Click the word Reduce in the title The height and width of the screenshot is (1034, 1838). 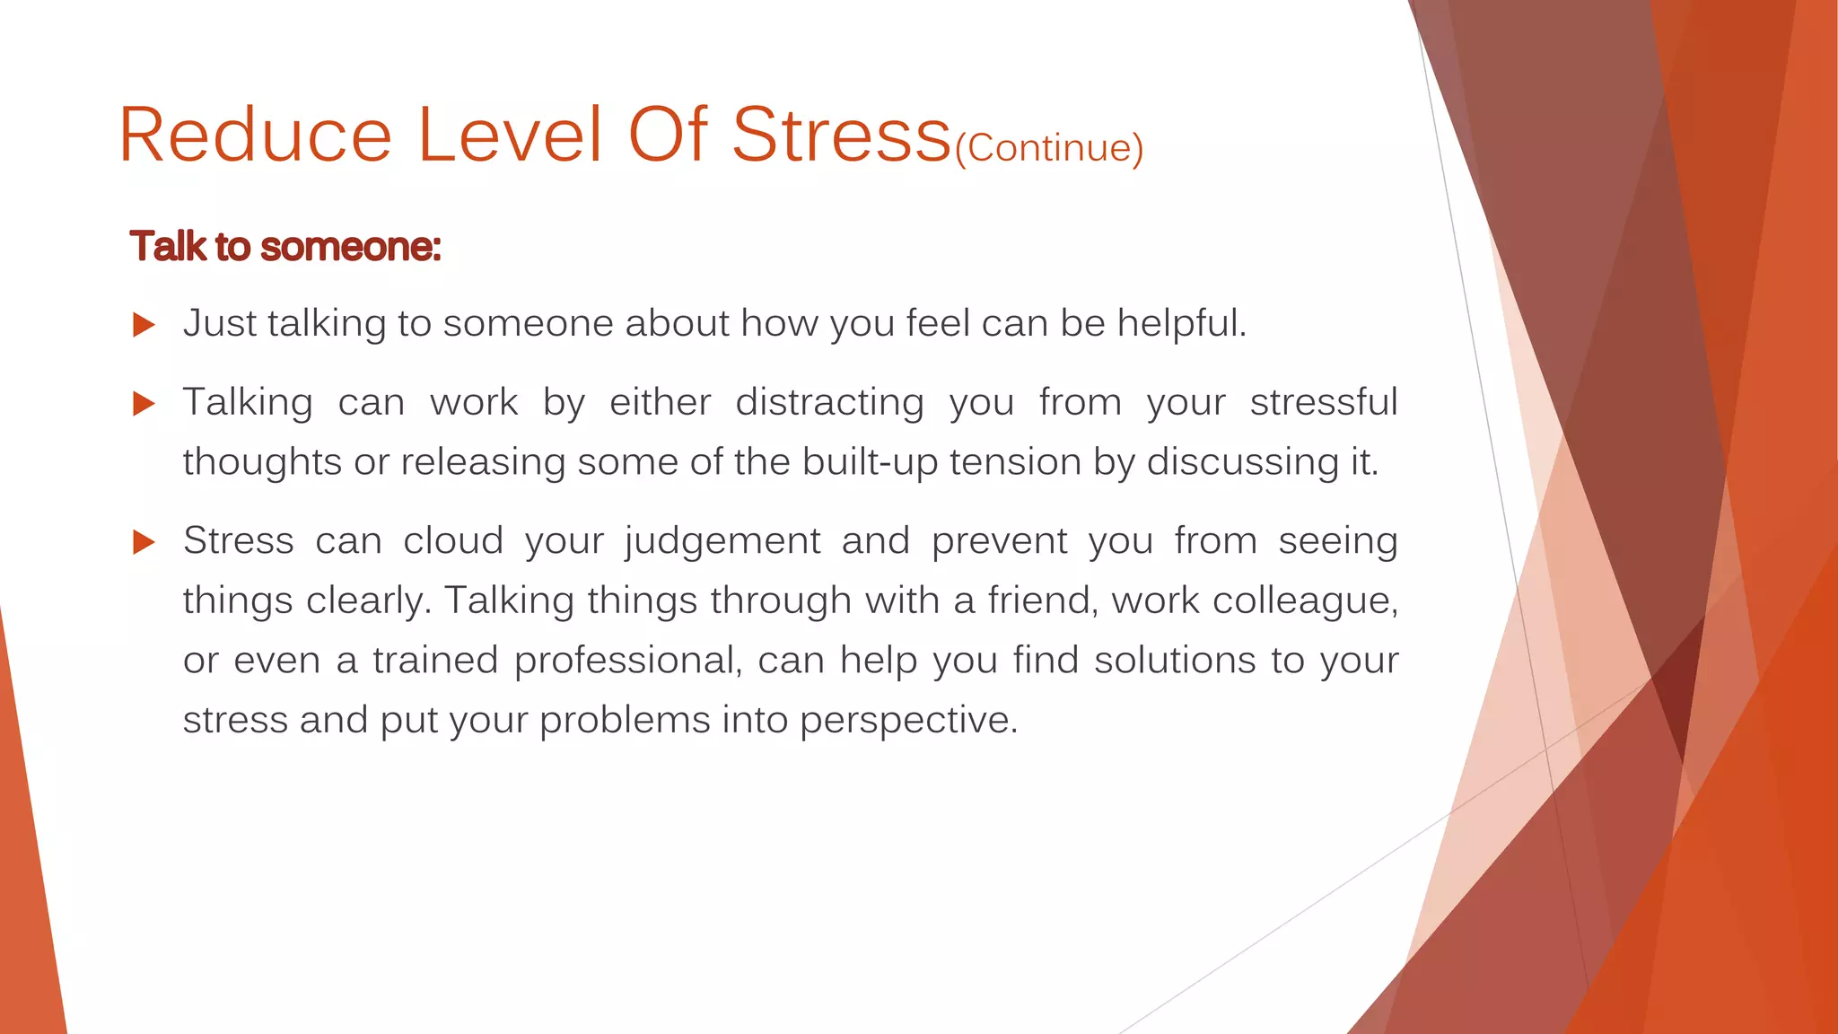pos(255,136)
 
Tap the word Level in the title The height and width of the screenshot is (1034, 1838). pos(509,136)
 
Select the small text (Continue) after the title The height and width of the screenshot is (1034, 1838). pos(1048,148)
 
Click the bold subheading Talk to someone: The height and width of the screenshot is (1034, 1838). pos(285,247)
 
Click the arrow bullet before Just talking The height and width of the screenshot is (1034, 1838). pos(144,324)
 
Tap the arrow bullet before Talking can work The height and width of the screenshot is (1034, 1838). pos(144,403)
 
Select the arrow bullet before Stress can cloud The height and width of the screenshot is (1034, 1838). pos(144,541)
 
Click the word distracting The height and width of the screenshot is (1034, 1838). pos(829,403)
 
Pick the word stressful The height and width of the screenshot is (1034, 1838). pos(1324,403)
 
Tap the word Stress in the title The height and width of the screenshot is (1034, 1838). pos(841,136)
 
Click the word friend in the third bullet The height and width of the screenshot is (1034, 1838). pos(1043,600)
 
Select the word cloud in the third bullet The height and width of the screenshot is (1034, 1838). pos(452,541)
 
